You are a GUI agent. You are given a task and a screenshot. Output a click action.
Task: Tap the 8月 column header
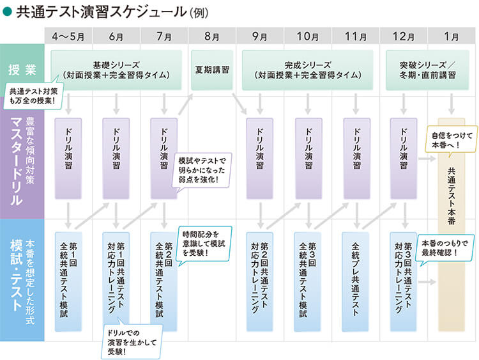click(212, 36)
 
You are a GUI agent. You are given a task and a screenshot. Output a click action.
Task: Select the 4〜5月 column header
click(68, 36)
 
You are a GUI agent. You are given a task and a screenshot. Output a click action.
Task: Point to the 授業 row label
click(22, 69)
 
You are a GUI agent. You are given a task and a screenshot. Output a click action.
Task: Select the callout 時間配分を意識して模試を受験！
click(203, 242)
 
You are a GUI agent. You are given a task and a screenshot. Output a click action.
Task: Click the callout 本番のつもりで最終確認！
click(446, 248)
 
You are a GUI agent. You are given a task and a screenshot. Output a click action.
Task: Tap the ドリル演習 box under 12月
click(404, 157)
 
